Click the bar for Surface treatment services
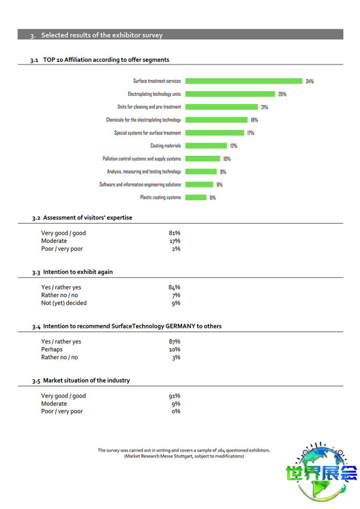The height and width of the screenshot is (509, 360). [x=244, y=81]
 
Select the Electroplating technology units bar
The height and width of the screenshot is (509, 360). [x=230, y=94]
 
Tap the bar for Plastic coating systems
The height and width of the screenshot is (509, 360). [x=196, y=197]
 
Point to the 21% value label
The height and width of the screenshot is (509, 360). [x=264, y=107]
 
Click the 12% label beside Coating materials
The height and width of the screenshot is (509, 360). [x=234, y=146]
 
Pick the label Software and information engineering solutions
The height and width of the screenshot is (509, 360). [x=140, y=184]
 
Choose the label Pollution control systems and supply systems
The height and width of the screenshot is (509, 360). [x=142, y=158]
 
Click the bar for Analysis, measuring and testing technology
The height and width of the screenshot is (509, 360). [x=201, y=171]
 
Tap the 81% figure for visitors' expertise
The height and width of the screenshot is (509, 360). [x=174, y=233]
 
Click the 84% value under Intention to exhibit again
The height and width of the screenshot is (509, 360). [x=174, y=287]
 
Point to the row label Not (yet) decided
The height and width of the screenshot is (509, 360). [x=64, y=303]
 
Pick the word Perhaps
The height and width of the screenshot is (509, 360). [x=52, y=349]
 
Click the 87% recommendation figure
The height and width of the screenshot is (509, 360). [x=174, y=341]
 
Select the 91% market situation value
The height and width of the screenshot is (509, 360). [x=174, y=396]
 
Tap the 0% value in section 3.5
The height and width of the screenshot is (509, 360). [x=176, y=411]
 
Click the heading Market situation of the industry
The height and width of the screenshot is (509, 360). [x=86, y=380]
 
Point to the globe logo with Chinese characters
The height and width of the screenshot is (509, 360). [x=322, y=473]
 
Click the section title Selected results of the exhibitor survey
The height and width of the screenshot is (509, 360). [x=102, y=35]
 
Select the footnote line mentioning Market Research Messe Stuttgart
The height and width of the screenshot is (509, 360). [x=184, y=456]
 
